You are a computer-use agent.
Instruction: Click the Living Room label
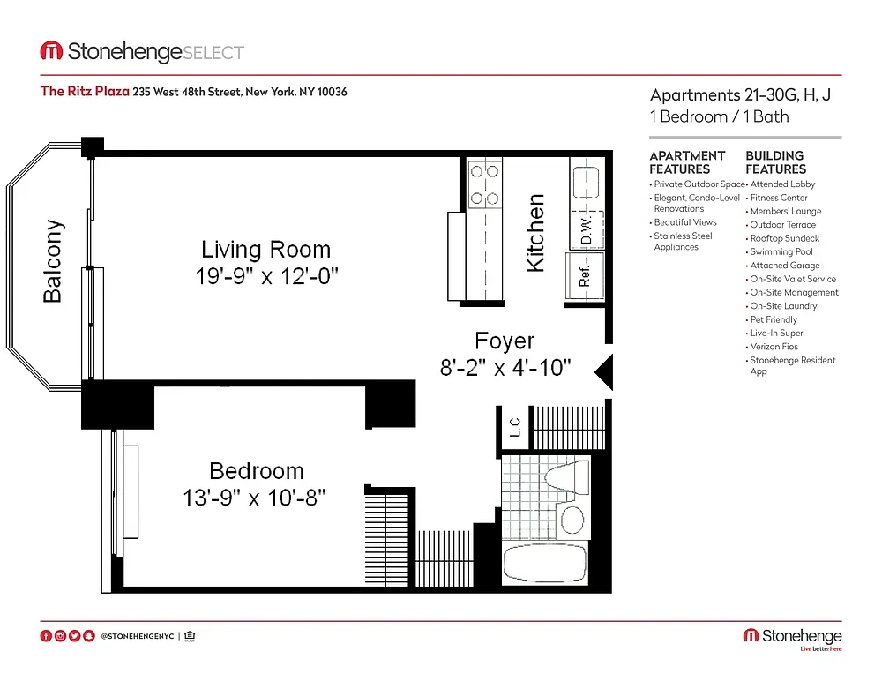[266, 250]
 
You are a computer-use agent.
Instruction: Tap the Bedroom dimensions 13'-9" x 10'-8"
[254, 498]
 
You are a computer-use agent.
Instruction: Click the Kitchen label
[535, 233]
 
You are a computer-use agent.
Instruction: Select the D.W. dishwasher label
[587, 229]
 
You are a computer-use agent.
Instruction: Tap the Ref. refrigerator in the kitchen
[585, 276]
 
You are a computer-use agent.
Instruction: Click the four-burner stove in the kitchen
[484, 184]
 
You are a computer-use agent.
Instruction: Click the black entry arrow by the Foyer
[603, 371]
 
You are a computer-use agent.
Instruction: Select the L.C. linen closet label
[515, 426]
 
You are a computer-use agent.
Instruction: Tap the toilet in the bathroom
[566, 477]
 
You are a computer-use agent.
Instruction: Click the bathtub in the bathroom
[544, 563]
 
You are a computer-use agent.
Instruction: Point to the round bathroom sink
[572, 520]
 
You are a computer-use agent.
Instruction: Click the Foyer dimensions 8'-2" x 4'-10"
[505, 368]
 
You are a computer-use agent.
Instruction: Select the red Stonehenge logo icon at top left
[51, 50]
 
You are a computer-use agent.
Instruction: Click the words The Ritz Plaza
[85, 91]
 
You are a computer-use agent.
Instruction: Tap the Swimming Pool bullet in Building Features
[781, 251]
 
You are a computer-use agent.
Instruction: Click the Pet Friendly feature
[774, 319]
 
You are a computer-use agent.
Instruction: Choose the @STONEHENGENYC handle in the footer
[138, 636]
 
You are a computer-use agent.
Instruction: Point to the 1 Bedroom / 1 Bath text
[719, 116]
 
